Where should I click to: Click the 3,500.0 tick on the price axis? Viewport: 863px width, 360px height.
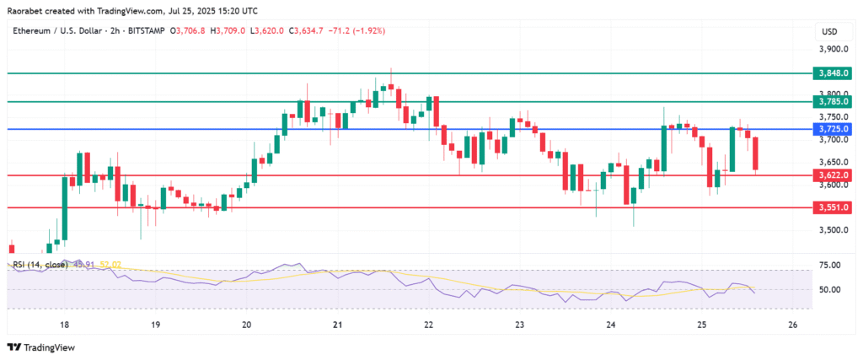click(x=834, y=230)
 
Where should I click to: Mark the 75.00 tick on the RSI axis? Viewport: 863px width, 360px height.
click(x=830, y=265)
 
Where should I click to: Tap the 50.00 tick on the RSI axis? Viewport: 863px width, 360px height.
click(x=830, y=289)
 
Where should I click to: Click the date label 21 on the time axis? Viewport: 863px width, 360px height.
click(x=337, y=324)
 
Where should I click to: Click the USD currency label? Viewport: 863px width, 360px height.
click(x=828, y=32)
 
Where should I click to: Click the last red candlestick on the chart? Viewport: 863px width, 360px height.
click(x=756, y=154)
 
